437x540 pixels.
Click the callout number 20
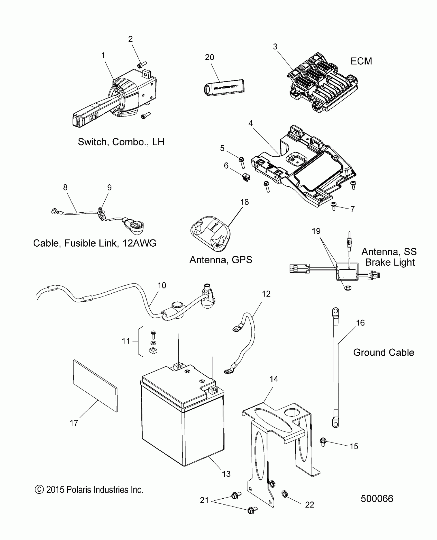pyautogui.click(x=210, y=57)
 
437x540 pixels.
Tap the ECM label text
pyautogui.click(x=361, y=61)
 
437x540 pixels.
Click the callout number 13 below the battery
pyautogui.click(x=226, y=474)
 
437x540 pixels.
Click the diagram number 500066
pyautogui.click(x=377, y=506)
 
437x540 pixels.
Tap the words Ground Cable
pyautogui.click(x=384, y=352)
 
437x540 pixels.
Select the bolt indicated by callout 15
pyautogui.click(x=323, y=442)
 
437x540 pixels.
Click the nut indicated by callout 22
pyautogui.click(x=284, y=494)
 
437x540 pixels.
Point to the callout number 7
pyautogui.click(x=352, y=209)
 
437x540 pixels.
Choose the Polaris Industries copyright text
pyautogui.click(x=89, y=490)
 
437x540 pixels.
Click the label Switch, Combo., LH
pyautogui.click(x=121, y=142)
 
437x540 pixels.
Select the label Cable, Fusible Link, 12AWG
pyautogui.click(x=95, y=243)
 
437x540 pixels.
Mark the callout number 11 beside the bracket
pyautogui.click(x=126, y=341)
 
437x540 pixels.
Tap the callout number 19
pyautogui.click(x=316, y=231)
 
